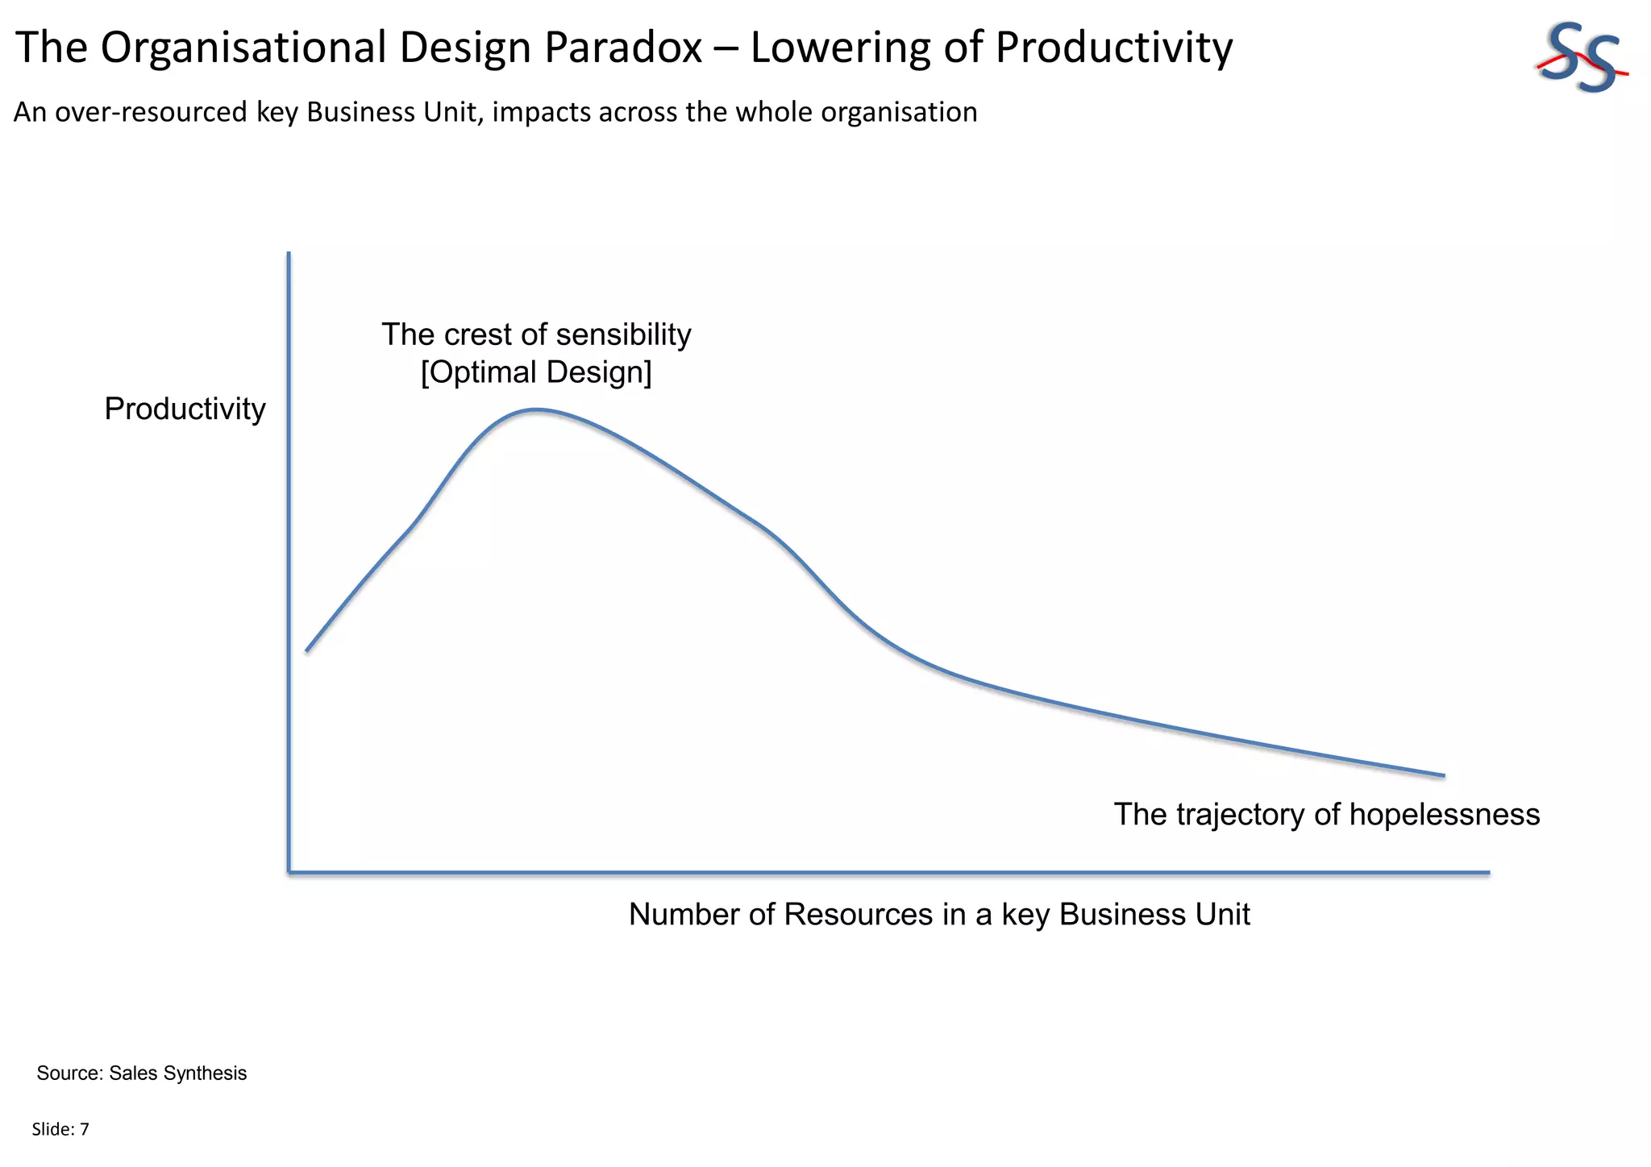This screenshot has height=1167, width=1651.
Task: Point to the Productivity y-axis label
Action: [x=185, y=409]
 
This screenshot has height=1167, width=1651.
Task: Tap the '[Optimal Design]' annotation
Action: [x=536, y=372]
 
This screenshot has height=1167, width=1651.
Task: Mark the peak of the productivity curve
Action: [x=536, y=410]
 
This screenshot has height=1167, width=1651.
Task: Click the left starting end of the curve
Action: [x=307, y=650]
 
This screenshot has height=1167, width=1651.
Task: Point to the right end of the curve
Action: [x=1443, y=775]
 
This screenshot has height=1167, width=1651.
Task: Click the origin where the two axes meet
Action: [x=289, y=872]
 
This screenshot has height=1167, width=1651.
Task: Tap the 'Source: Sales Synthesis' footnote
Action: [x=142, y=1074]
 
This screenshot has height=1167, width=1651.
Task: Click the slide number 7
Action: [x=85, y=1130]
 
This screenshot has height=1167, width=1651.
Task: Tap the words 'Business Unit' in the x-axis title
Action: [x=1154, y=915]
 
